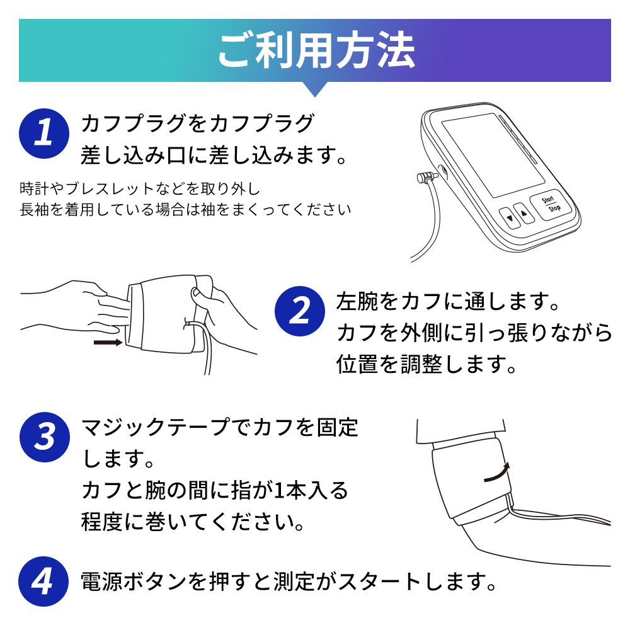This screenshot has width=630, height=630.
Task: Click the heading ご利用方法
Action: [x=316, y=50]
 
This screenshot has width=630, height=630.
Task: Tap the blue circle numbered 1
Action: [x=44, y=134]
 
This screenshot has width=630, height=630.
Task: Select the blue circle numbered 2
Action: [x=300, y=311]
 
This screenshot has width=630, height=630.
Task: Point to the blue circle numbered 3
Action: [x=45, y=437]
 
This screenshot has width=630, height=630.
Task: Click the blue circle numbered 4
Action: [x=44, y=581]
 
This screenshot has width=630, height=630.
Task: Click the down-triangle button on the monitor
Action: [x=510, y=218]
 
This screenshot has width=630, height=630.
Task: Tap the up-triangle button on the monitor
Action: [x=524, y=213]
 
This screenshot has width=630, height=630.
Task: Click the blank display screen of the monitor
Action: [x=493, y=155]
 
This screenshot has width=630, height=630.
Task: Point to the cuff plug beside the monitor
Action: [x=428, y=176]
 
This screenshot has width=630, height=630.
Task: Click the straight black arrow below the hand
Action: [x=108, y=342]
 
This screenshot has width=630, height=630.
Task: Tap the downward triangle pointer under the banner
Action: [x=315, y=89]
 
